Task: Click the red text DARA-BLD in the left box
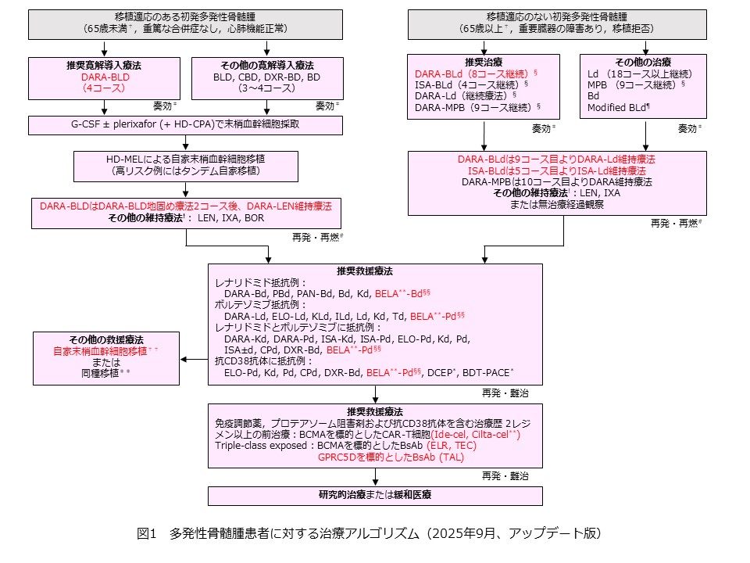[x=105, y=78]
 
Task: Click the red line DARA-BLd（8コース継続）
[x=474, y=73]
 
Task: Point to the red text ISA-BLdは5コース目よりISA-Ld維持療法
[x=556, y=170]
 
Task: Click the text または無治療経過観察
[x=556, y=205]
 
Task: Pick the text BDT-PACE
[x=487, y=373]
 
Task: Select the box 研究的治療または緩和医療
[x=375, y=495]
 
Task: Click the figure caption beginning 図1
[x=368, y=533]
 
